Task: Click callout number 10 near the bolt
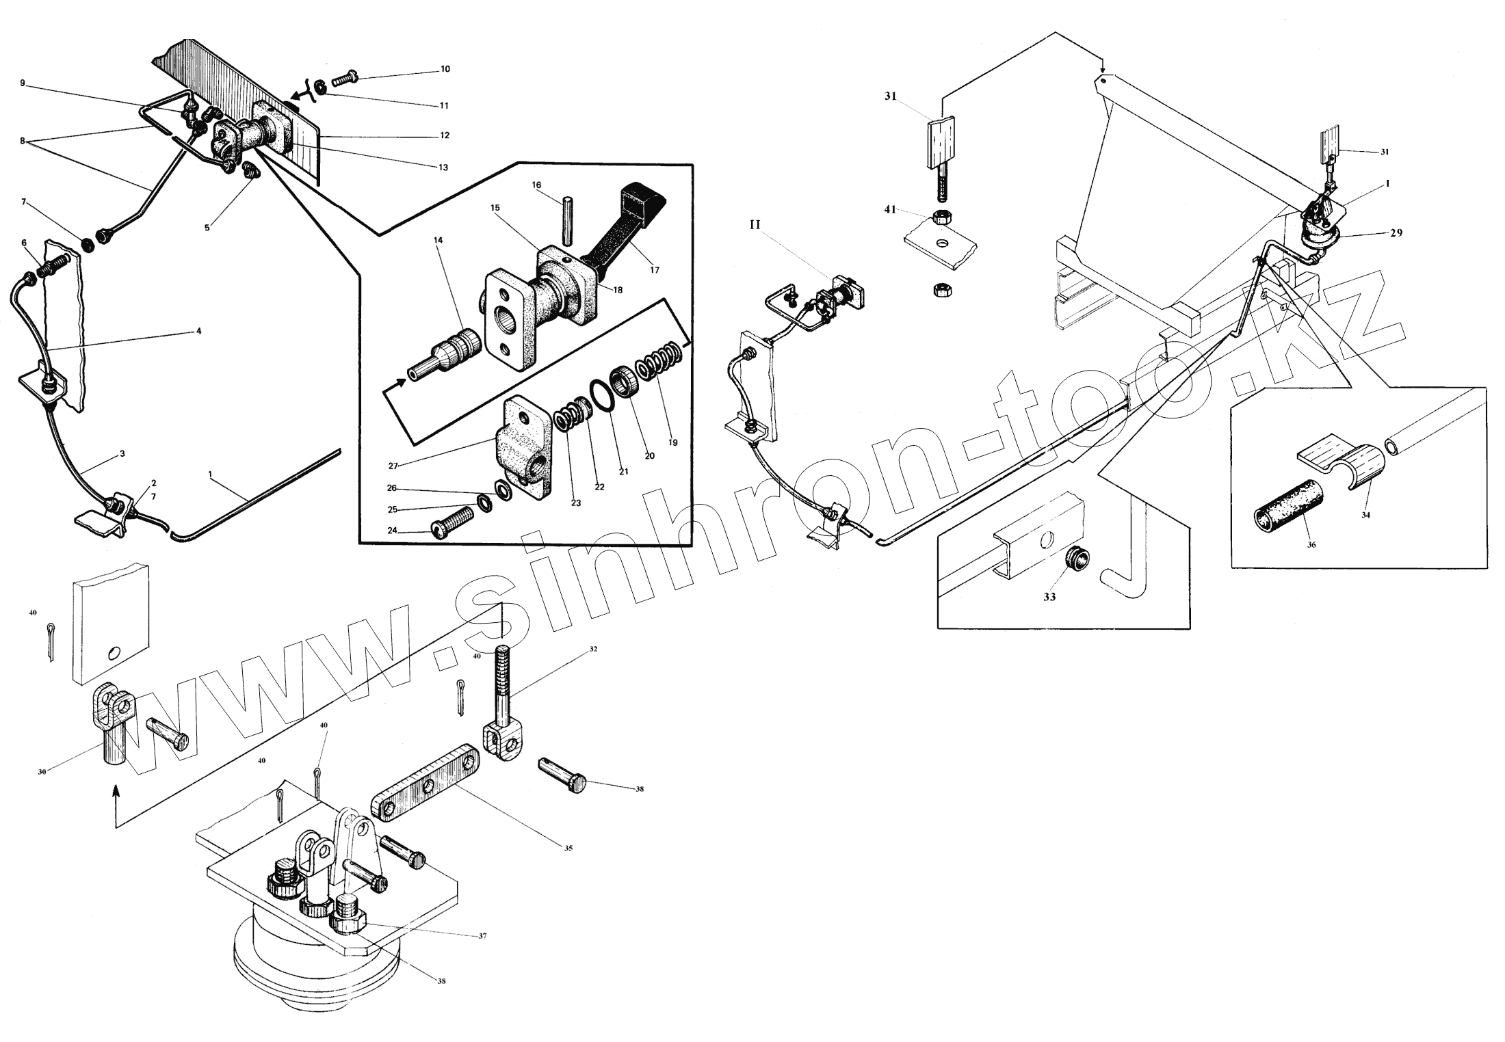coord(445,69)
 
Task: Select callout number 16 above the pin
coord(536,185)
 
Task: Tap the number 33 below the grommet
coord(1049,597)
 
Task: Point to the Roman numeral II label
coord(755,224)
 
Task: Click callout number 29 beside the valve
coord(1396,232)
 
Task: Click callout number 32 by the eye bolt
coord(592,649)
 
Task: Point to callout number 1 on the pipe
coord(210,472)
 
